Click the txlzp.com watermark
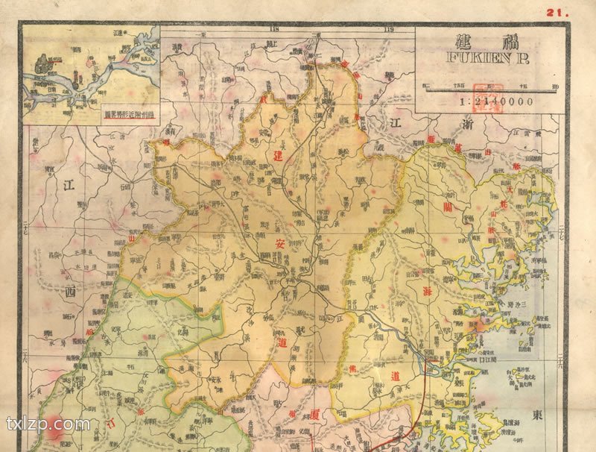[x=48, y=424]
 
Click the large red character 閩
[x=447, y=204]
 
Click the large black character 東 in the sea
[x=578, y=414]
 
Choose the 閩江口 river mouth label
[x=446, y=359]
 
